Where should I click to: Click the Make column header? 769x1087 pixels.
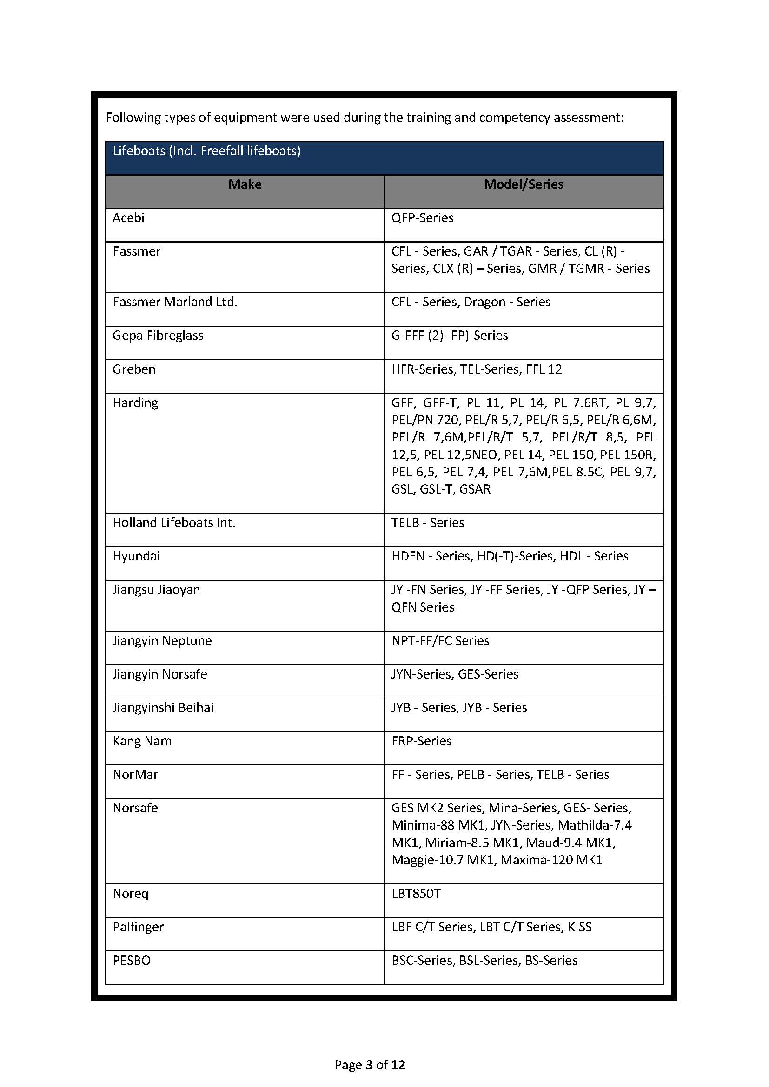point(245,184)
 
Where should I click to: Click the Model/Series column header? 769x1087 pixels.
point(523,184)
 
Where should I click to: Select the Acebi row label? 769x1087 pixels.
point(128,218)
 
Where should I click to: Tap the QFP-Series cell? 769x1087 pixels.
point(422,218)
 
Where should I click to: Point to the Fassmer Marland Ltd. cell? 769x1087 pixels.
point(175,302)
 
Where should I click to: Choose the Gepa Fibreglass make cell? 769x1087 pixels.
point(158,336)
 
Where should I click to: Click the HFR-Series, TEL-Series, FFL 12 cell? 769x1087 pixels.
point(477,369)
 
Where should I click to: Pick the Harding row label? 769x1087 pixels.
point(135,403)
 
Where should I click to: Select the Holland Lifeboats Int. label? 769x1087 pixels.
point(174,523)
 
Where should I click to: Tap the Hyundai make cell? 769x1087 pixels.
point(136,556)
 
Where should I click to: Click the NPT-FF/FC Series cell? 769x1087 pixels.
point(440,640)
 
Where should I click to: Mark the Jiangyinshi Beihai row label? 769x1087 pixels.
point(163,708)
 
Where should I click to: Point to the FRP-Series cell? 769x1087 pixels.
point(421,741)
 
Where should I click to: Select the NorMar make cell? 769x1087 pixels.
point(135,775)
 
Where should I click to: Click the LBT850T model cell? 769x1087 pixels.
point(416,894)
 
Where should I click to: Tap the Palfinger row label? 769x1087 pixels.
point(138,927)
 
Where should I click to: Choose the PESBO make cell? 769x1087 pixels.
point(132,961)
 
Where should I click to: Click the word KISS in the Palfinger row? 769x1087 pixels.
point(580,927)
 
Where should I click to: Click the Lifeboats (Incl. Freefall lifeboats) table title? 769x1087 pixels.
point(206,151)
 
